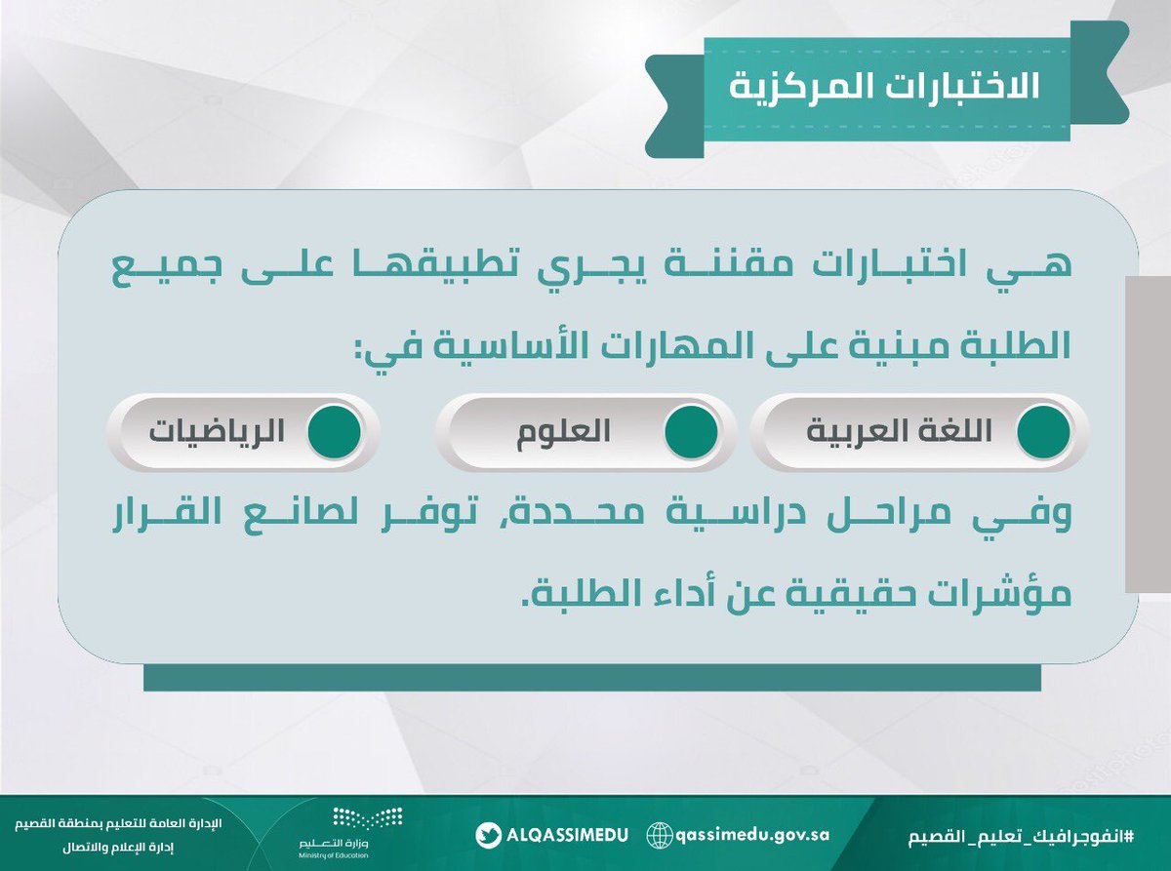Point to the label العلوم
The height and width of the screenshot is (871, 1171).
tap(565, 432)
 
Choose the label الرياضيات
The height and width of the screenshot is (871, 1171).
tap(217, 432)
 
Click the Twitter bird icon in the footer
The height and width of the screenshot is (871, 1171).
tap(489, 835)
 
